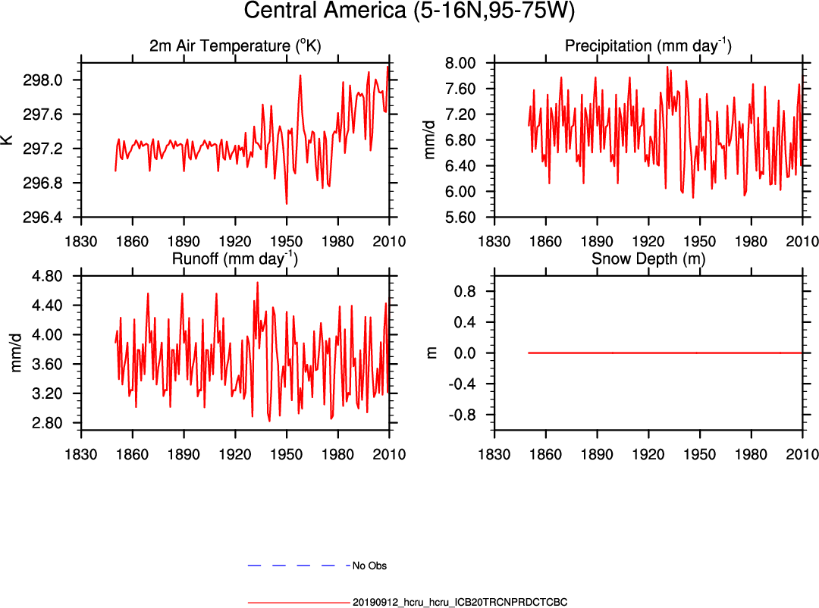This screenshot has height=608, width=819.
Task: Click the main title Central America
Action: click(x=409, y=13)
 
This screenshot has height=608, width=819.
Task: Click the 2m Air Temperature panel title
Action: click(x=235, y=46)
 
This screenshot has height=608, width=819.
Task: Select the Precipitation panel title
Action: click(x=648, y=46)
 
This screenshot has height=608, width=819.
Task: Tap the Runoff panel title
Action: click(x=235, y=259)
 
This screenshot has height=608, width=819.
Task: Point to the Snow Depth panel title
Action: click(x=648, y=259)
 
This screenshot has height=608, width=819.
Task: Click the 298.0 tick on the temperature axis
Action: click(x=56, y=80)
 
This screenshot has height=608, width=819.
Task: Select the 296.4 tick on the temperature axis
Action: click(x=56, y=218)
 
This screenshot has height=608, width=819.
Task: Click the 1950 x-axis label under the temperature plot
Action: click(x=287, y=242)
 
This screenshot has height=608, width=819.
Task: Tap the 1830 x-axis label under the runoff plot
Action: click(x=81, y=455)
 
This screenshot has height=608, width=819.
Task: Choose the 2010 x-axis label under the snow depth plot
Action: click(x=802, y=455)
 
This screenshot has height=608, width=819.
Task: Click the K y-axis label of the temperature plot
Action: click(x=8, y=140)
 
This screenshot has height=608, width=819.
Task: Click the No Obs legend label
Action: click(x=370, y=566)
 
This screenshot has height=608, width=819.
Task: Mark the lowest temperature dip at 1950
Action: click(x=287, y=203)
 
